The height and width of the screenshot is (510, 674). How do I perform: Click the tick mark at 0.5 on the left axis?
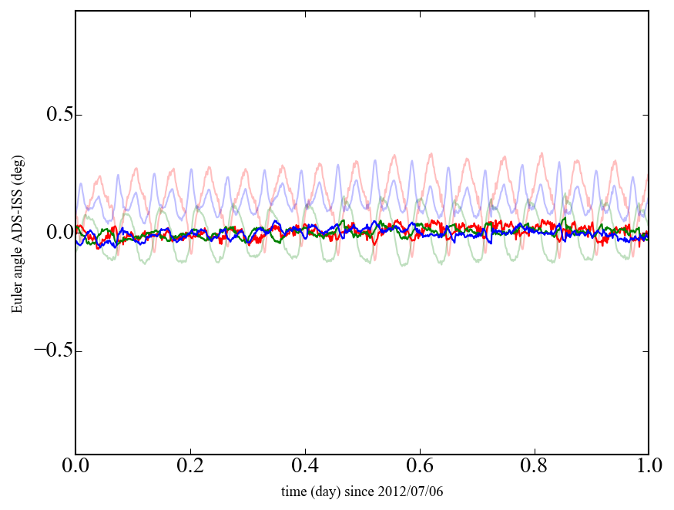(78, 116)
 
